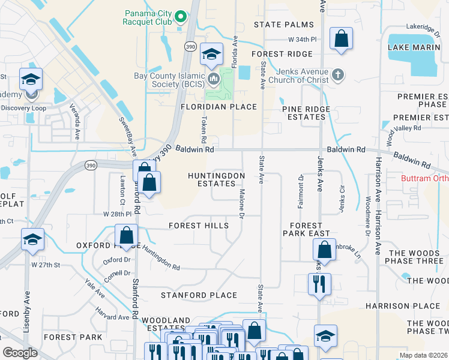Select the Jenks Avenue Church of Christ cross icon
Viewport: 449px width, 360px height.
[x=338, y=74]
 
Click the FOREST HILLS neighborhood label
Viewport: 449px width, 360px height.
[x=198, y=226]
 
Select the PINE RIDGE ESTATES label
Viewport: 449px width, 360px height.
[x=303, y=112]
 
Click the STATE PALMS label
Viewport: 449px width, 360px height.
[x=283, y=25]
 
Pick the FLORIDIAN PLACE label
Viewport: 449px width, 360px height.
[x=218, y=107]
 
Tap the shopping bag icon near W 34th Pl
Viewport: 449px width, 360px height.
[x=341, y=39]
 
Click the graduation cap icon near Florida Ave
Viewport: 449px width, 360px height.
[x=211, y=55]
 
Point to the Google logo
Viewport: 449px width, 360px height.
[x=20, y=353]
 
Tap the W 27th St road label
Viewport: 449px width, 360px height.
[x=47, y=265]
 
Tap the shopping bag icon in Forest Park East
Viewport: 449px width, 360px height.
[x=324, y=251]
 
